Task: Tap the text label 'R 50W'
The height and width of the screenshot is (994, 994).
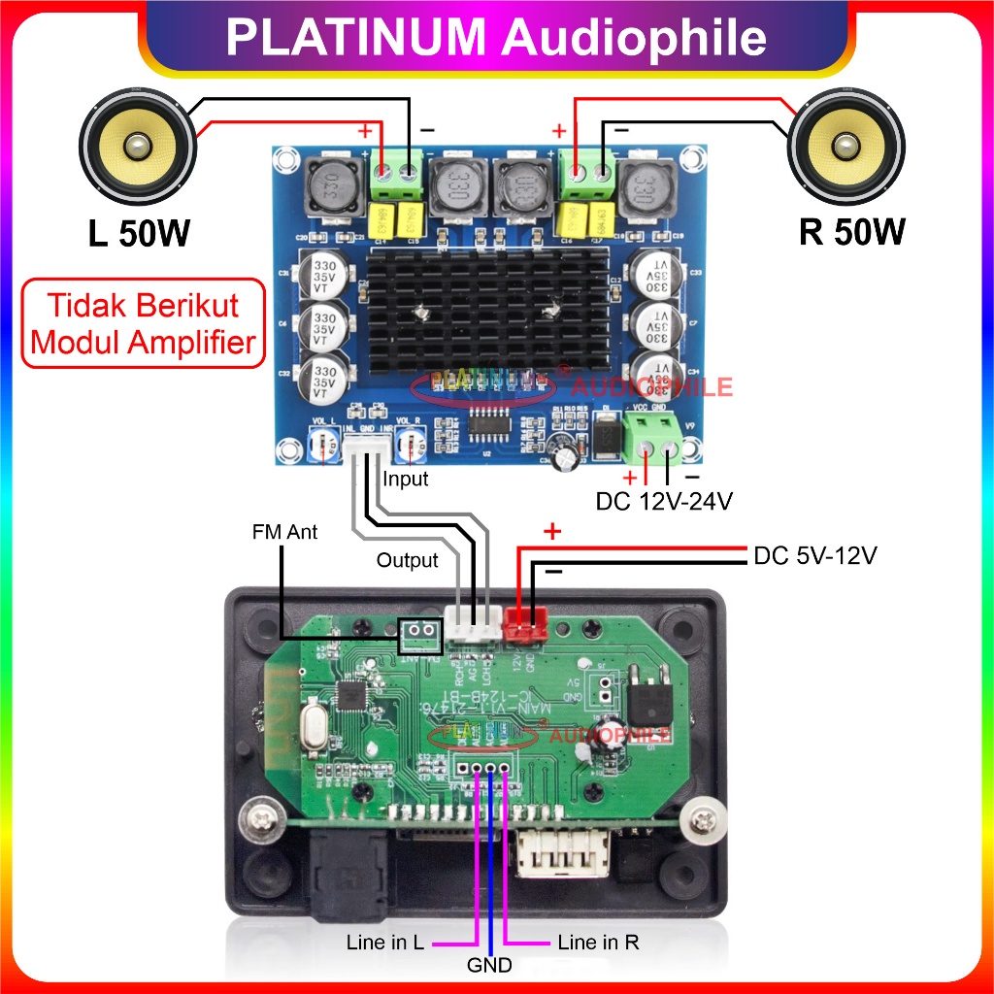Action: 851,232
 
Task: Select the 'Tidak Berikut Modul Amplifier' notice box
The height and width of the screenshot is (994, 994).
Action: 144,324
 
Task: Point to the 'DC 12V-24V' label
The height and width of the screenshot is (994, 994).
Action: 663,502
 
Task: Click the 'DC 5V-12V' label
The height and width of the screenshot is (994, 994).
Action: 815,557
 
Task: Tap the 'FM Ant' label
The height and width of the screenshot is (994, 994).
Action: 283,532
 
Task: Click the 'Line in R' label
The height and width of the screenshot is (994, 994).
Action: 598,943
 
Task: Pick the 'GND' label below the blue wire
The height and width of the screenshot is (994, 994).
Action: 489,965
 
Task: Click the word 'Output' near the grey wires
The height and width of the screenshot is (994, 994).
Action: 407,560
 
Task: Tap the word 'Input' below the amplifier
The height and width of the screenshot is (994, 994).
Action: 405,479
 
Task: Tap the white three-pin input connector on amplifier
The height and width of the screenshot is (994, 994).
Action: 368,447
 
